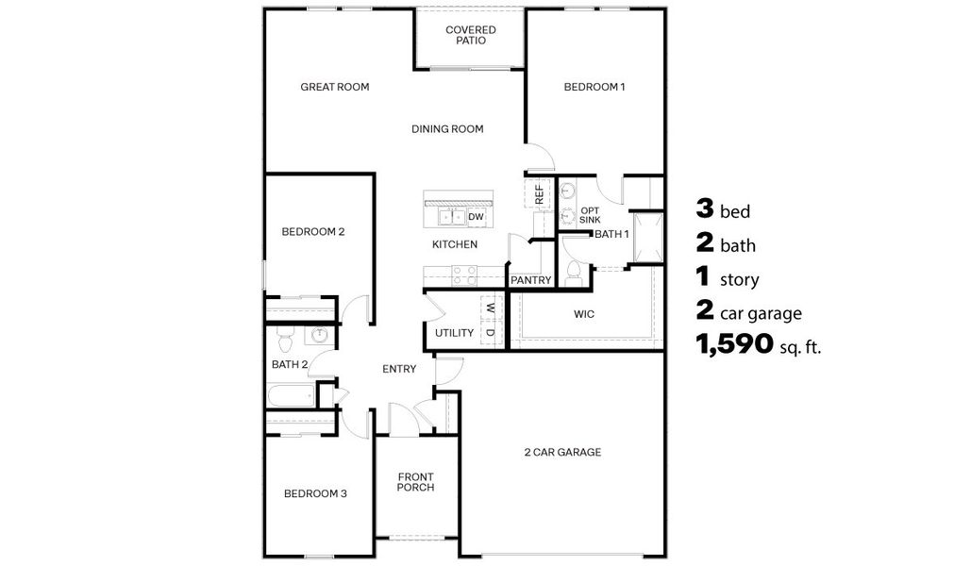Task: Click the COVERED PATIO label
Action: [471, 36]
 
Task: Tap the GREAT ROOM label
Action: [334, 87]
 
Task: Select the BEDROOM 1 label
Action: [594, 87]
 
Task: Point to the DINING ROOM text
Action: [447, 129]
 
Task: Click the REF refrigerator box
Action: [539, 194]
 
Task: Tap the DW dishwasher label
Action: [476, 217]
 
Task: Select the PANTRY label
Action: [529, 280]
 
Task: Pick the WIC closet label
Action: [584, 313]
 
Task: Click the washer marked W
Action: [491, 307]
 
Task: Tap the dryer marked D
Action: [491, 333]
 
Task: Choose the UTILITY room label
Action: [454, 333]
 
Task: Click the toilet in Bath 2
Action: [284, 338]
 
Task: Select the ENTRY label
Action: [399, 369]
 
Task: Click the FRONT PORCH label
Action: [415, 481]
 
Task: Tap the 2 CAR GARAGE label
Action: [562, 453]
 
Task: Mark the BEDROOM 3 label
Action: [316, 493]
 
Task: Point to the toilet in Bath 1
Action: [575, 273]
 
